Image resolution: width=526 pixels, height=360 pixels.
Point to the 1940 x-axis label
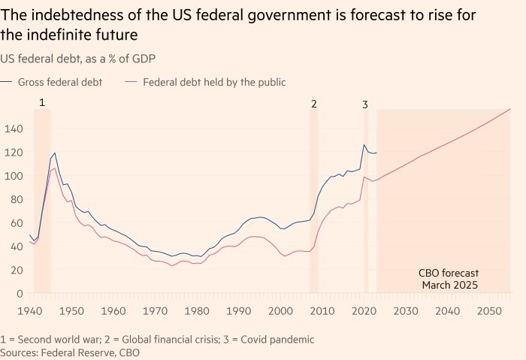click(29, 311)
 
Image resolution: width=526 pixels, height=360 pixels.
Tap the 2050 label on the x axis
click(490, 311)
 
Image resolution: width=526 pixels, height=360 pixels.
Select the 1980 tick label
click(197, 311)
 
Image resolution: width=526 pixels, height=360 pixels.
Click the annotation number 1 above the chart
click(42, 101)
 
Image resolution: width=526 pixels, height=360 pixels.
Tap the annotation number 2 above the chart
click(314, 104)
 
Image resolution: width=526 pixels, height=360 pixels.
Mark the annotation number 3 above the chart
click(365, 104)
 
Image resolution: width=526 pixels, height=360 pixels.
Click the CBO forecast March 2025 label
click(448, 279)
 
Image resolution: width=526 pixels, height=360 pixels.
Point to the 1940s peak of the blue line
click(54, 153)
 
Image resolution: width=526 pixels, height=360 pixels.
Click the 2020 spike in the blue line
click(364, 144)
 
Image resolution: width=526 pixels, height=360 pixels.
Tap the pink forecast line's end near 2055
click(510, 110)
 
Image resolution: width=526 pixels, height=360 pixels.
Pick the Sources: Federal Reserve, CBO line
click(70, 352)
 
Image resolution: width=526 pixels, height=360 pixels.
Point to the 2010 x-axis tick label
click(322, 311)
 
